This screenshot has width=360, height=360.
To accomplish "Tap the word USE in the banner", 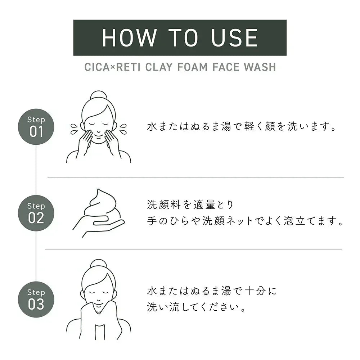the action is [x=234, y=38].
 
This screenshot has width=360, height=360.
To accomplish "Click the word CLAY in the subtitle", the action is [x=159, y=67].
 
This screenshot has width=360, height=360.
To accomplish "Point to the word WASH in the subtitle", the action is [x=260, y=67].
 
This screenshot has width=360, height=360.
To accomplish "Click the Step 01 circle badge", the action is [x=36, y=127].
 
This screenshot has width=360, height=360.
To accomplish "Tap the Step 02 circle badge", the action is [x=36, y=213].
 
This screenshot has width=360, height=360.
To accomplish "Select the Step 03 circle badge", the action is [x=36, y=300].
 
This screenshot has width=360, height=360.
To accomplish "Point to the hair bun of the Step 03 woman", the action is [x=99, y=264].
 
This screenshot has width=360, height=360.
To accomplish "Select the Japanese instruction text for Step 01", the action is [x=242, y=126].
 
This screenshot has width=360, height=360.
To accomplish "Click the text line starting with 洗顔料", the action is [x=190, y=204].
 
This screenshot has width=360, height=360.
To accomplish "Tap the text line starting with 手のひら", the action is [x=245, y=221].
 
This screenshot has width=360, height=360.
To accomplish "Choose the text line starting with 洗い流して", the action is [x=196, y=307].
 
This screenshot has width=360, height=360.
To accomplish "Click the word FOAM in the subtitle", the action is [x=192, y=67].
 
